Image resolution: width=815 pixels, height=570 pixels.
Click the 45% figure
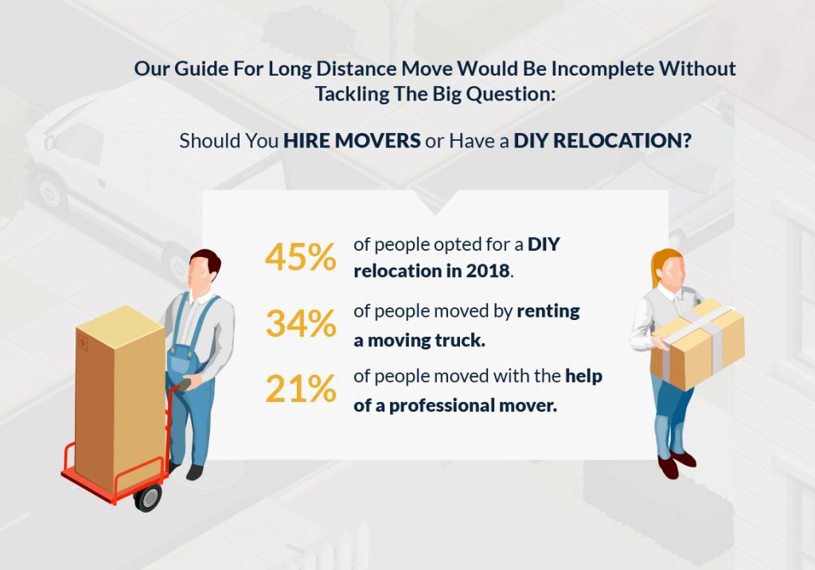pyautogui.click(x=300, y=256)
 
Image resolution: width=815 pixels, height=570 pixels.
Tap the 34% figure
pyautogui.click(x=300, y=323)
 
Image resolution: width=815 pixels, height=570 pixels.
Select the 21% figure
pyautogui.click(x=299, y=389)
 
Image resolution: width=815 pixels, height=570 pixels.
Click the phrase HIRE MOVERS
pyautogui.click(x=352, y=141)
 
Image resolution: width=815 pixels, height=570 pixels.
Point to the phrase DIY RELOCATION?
pyautogui.click(x=602, y=141)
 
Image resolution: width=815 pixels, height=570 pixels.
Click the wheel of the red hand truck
pyautogui.click(x=148, y=498)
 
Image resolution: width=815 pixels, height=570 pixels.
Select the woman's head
pyautogui.click(x=667, y=269)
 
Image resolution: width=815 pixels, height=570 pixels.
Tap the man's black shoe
pyautogui.click(x=193, y=471)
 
